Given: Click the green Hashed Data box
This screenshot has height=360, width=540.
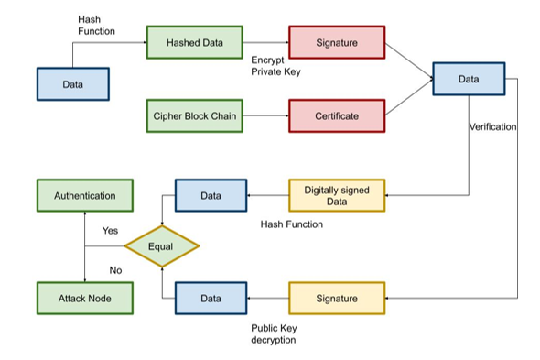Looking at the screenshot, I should [x=193, y=42].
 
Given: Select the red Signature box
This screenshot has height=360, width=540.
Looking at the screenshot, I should [x=337, y=42].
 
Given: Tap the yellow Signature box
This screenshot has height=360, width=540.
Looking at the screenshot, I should [x=337, y=299].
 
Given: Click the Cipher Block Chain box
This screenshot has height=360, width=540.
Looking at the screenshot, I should [x=193, y=116].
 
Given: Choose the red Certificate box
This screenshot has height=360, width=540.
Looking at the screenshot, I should [x=337, y=116].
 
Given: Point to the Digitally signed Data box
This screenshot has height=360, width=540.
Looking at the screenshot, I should [x=337, y=195].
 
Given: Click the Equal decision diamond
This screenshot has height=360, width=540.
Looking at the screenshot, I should [x=162, y=245].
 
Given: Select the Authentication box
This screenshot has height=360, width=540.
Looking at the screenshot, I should [x=84, y=195].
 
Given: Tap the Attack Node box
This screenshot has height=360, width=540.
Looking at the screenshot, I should [x=84, y=299].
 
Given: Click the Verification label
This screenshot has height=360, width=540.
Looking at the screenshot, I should [x=491, y=126].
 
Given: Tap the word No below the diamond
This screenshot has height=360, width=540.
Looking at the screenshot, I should [x=115, y=270].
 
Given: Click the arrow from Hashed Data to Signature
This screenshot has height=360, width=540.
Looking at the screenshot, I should [x=265, y=42].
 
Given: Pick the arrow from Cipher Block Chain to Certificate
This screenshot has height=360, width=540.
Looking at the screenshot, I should [x=265, y=116].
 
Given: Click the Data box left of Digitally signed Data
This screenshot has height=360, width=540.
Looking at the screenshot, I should [x=211, y=195].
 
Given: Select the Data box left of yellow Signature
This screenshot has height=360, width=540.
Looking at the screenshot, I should [x=211, y=299].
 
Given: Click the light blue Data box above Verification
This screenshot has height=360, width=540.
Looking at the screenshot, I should [x=468, y=80].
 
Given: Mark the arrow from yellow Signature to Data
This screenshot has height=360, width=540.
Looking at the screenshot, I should [x=267, y=299].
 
